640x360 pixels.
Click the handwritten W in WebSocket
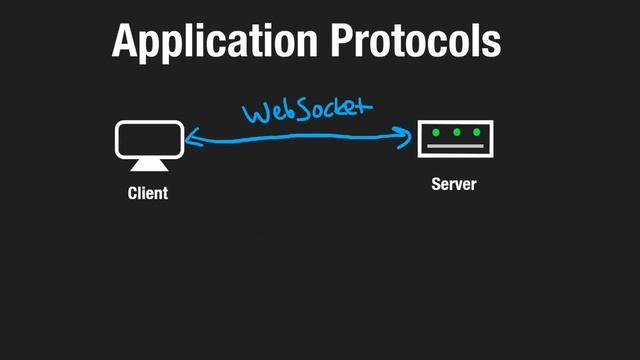click(x=254, y=112)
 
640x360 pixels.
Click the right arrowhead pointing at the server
click(x=408, y=133)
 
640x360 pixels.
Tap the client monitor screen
click(x=150, y=138)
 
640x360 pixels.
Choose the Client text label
click(x=148, y=193)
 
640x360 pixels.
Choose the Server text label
click(x=454, y=185)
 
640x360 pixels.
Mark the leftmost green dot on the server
click(x=436, y=132)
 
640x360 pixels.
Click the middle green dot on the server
click(x=456, y=132)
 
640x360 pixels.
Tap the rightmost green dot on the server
click(x=475, y=132)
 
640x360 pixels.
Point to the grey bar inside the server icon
click(x=455, y=148)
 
